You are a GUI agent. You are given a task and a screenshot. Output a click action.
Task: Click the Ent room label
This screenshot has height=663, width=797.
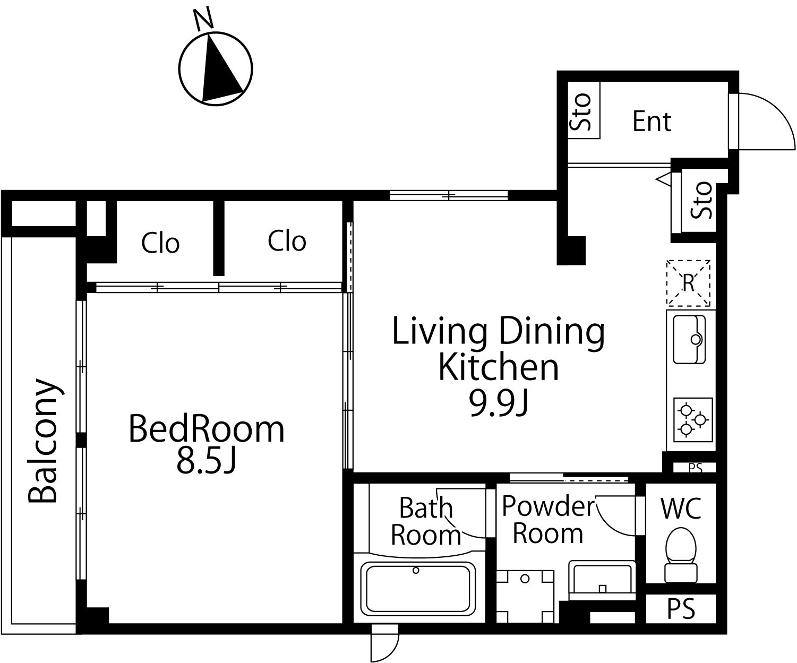click(652, 122)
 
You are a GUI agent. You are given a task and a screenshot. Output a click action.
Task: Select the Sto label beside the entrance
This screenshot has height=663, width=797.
click(580, 112)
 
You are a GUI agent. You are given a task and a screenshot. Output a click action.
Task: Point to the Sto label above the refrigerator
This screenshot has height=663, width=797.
click(701, 200)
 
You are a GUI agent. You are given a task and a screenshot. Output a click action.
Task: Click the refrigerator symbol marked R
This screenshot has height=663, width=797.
click(688, 283)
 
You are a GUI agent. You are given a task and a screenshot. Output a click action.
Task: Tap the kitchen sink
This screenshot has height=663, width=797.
click(689, 339)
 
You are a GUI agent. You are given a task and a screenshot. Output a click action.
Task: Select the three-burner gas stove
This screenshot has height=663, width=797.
click(693, 419)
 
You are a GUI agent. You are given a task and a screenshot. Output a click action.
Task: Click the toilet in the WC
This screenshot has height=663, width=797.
click(681, 555)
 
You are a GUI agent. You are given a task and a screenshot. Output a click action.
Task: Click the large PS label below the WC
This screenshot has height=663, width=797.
click(681, 609)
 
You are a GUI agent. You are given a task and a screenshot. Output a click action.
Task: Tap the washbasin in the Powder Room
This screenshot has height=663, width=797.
click(602, 580)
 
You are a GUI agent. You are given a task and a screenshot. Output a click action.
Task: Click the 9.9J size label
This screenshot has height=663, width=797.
click(499, 404)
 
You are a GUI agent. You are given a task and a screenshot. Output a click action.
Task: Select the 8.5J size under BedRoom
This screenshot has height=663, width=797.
click(207, 460)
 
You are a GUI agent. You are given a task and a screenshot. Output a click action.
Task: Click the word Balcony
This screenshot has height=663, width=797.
click(44, 441)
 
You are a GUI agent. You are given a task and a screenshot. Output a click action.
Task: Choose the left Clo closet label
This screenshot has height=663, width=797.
click(160, 243)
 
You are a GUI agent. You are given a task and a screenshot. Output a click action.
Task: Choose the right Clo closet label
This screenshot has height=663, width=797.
click(287, 241)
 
